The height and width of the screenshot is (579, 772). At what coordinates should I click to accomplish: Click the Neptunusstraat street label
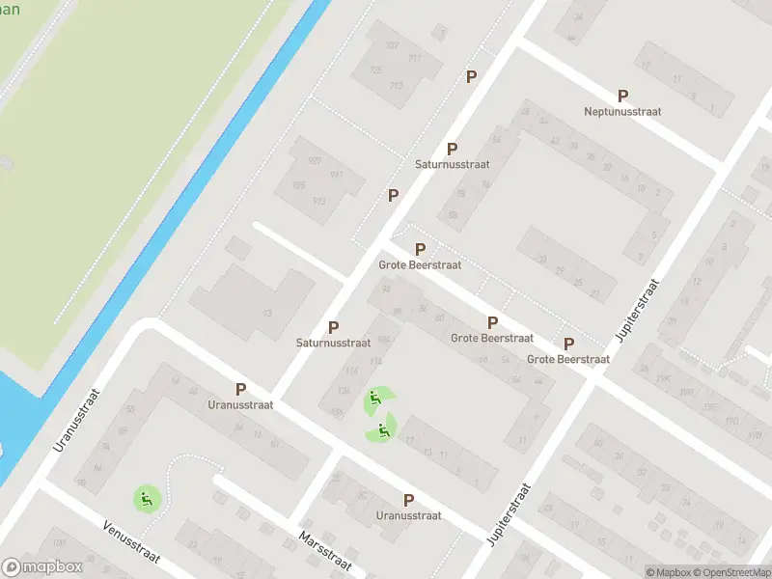[x=622, y=112]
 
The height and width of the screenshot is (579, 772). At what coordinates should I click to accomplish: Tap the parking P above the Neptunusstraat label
[x=622, y=96]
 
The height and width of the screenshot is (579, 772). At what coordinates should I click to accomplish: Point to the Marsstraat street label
[x=325, y=551]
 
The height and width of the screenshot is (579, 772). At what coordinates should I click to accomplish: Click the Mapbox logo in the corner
[x=42, y=567]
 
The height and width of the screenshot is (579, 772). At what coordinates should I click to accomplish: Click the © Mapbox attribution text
[x=668, y=572]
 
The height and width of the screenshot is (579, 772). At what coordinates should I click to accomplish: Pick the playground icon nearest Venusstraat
[x=146, y=499]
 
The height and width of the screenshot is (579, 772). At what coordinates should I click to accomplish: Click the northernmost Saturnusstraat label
[x=452, y=165]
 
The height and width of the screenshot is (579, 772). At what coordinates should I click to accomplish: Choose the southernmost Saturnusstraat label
[x=334, y=343]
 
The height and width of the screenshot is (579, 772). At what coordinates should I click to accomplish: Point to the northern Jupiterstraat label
[x=638, y=312]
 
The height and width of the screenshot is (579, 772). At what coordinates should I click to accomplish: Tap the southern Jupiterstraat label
[x=510, y=515]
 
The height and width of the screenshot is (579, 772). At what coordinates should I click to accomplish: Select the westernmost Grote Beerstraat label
[x=420, y=264]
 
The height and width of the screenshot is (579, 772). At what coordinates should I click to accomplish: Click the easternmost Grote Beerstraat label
[x=568, y=359]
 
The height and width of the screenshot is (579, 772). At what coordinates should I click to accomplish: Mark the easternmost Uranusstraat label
[x=408, y=515]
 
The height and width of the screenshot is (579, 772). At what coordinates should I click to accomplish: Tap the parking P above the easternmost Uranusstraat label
[x=408, y=500]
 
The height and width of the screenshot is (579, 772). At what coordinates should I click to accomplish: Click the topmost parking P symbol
[x=471, y=76]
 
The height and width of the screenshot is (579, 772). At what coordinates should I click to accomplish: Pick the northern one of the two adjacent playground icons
[x=374, y=400]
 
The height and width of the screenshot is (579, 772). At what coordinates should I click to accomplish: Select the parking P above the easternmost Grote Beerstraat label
[x=568, y=344]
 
